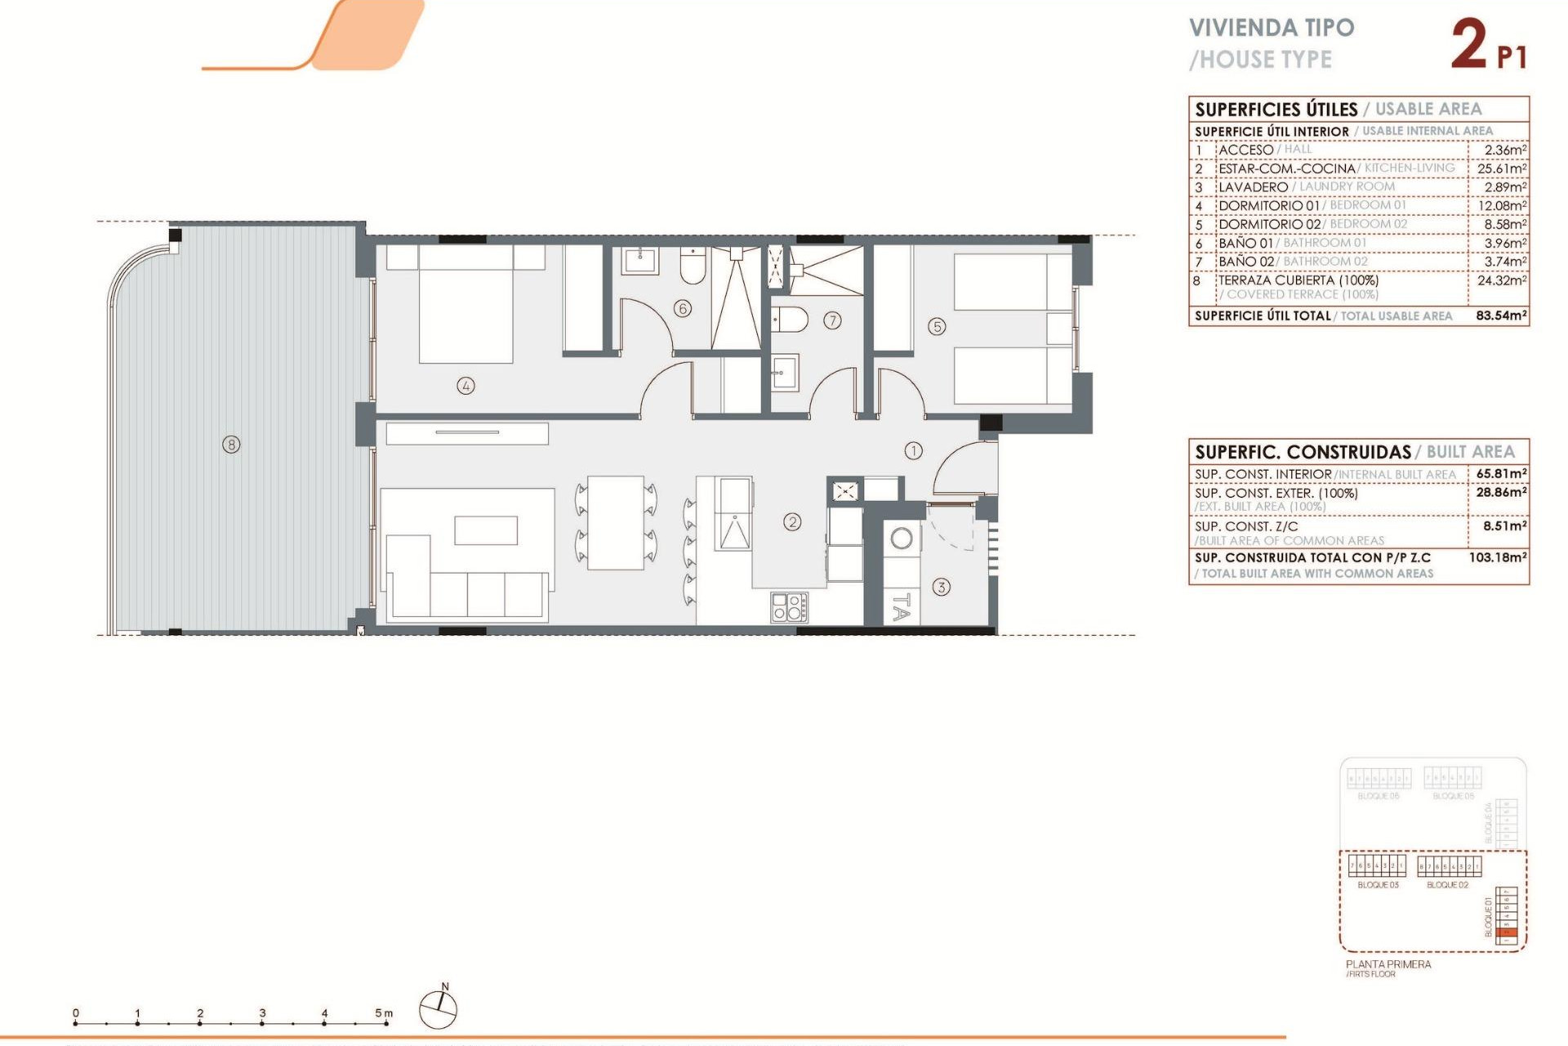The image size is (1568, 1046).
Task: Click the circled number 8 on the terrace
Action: click(232, 445)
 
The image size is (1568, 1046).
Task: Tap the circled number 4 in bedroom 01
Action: click(465, 386)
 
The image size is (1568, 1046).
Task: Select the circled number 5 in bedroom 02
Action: click(937, 327)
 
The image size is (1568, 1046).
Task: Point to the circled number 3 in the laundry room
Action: click(942, 587)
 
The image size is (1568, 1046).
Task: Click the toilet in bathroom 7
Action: click(790, 320)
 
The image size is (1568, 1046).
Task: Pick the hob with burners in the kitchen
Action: click(790, 607)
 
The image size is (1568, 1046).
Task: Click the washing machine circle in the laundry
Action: click(902, 539)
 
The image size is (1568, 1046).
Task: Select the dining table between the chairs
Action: click(616, 523)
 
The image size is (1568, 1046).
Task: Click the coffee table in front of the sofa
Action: click(486, 530)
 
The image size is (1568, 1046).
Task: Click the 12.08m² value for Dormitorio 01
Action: click(1502, 206)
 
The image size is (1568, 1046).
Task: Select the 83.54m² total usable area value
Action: click(1501, 315)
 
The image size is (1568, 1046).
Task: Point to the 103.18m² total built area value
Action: click(1498, 557)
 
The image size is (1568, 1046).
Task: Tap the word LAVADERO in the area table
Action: click(1253, 187)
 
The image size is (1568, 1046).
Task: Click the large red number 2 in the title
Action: click(1469, 46)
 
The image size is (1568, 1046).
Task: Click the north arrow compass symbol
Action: click(438, 1009)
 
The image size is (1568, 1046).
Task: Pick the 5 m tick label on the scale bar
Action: click(383, 1013)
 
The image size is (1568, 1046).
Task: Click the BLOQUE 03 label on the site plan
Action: click(1378, 885)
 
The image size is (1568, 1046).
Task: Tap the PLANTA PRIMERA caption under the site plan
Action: click(1388, 964)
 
